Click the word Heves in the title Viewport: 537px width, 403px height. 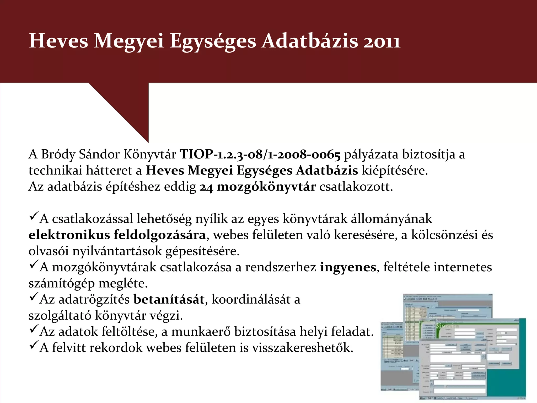58,41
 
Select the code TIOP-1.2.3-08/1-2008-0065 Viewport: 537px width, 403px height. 260,155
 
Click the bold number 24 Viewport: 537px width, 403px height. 206,187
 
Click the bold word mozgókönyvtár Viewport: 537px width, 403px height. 266,187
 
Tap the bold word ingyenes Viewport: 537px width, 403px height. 348,267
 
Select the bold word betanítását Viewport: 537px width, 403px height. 169,300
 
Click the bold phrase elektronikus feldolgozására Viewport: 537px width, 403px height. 117,235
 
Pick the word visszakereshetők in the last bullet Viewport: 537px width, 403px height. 303,348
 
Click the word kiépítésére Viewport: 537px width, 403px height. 395,171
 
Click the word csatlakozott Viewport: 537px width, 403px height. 356,187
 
